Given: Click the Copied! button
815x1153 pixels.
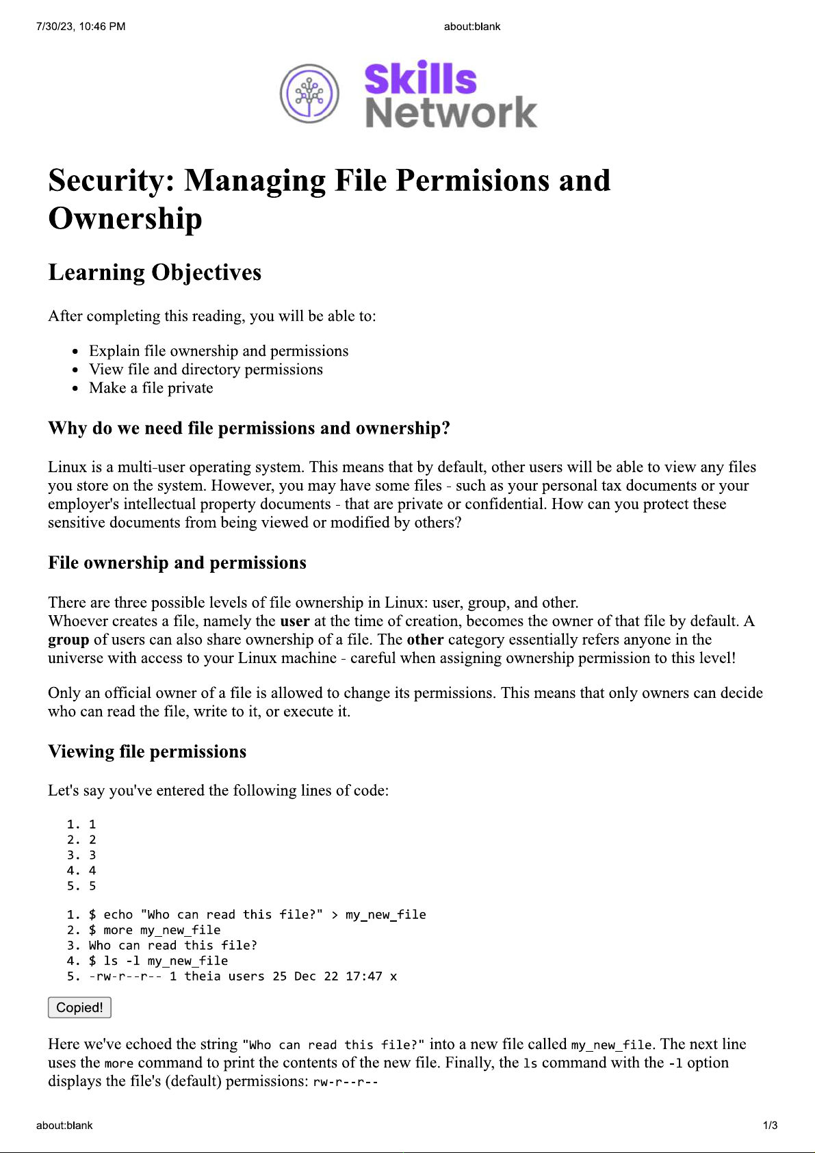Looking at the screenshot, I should click(x=79, y=1007).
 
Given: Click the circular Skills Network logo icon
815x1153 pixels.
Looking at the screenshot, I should click(x=309, y=94).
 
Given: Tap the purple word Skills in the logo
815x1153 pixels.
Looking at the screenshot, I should click(x=420, y=79).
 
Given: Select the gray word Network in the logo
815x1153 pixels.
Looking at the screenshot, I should click(x=451, y=113).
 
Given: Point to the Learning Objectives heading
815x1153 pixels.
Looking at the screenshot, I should click(x=155, y=272).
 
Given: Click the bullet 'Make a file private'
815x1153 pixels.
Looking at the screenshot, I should click(x=151, y=388).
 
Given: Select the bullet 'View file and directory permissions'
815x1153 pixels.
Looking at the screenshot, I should click(x=205, y=370).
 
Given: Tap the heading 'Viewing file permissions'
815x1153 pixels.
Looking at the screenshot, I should click(x=147, y=751).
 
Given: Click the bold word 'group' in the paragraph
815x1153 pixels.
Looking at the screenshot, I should click(x=68, y=640).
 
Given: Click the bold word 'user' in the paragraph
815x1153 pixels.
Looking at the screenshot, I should click(x=294, y=621).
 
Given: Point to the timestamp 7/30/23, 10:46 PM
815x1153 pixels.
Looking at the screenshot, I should click(x=81, y=27).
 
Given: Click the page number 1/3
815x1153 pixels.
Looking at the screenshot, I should click(x=770, y=1126).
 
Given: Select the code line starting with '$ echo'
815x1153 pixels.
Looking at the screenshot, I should click(x=257, y=915).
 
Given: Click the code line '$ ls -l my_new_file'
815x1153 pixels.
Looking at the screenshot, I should click(x=158, y=961).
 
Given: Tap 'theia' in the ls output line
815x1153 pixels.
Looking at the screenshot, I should click(x=203, y=976).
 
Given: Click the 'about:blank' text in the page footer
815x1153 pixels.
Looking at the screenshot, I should click(x=64, y=1126).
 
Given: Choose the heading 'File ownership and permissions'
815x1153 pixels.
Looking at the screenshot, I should click(x=177, y=562).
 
